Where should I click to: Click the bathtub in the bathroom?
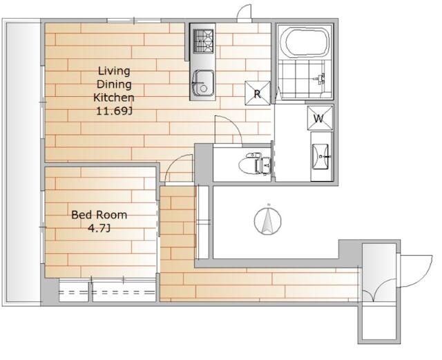tap(307, 43)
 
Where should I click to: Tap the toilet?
tap(254, 163)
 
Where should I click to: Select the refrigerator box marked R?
tap(258, 93)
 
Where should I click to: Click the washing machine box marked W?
tap(320, 118)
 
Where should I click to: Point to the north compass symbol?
tap(268, 220)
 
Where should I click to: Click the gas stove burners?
tap(203, 41)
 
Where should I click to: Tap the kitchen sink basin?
tap(202, 83)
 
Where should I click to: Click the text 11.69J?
tap(114, 111)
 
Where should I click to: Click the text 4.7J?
tap(99, 228)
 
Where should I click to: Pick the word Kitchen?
tap(113, 97)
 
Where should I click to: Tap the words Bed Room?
tap(99, 215)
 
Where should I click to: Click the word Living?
tap(114, 71)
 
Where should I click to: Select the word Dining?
tap(114, 84)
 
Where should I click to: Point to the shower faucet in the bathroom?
tap(320, 79)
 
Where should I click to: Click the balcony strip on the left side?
tap(23, 162)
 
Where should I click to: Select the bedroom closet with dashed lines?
tap(108, 290)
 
